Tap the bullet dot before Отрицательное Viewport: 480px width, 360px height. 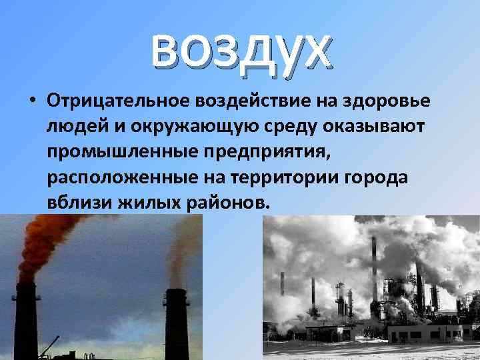(31, 101)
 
